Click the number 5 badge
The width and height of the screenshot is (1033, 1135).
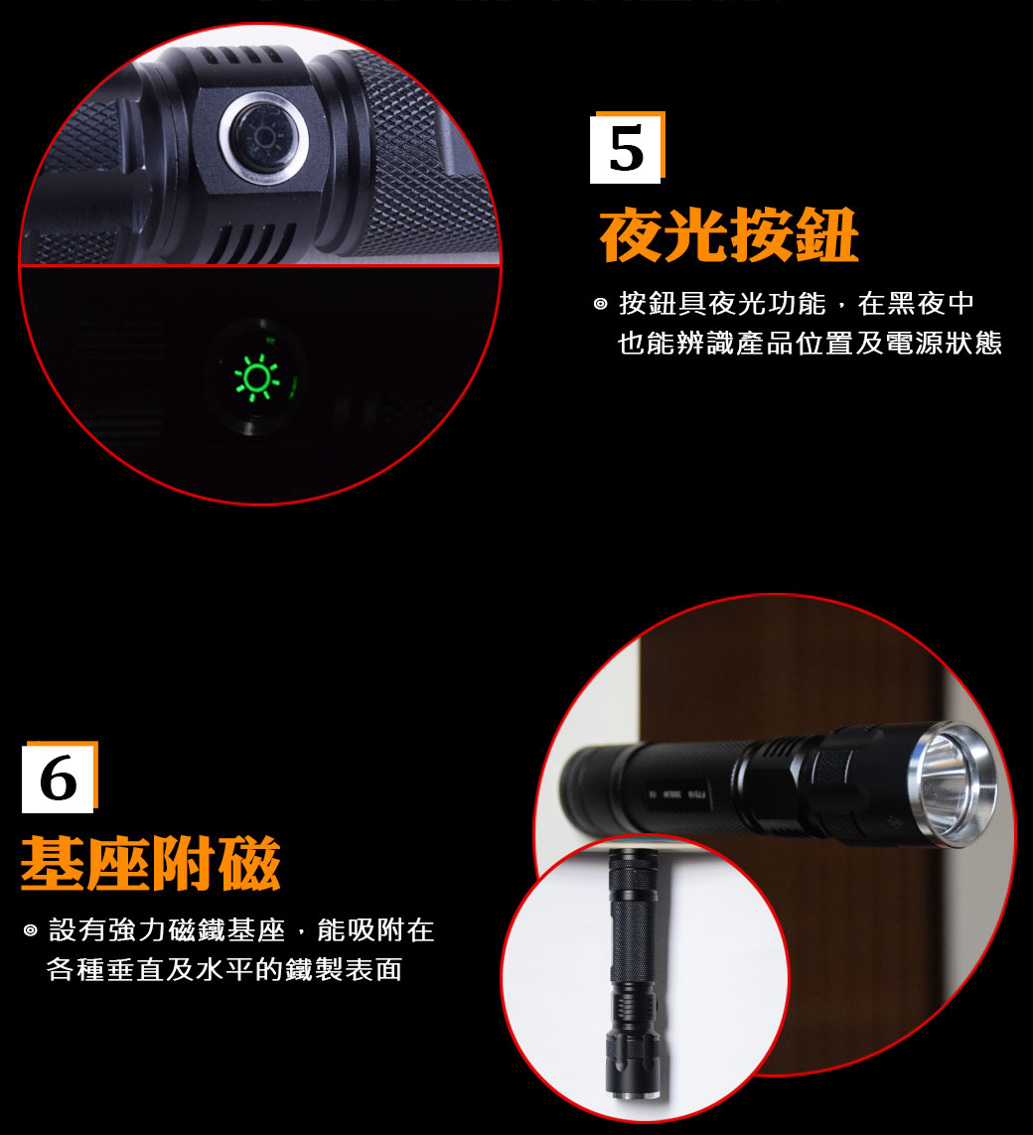(x=627, y=148)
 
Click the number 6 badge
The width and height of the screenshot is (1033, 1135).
(x=60, y=778)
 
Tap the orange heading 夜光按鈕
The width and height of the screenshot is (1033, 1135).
(x=729, y=235)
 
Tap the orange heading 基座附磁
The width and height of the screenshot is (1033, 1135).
(x=151, y=863)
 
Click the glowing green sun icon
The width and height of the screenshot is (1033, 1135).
(x=256, y=378)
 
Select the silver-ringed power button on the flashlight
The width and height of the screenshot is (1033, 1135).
(x=263, y=138)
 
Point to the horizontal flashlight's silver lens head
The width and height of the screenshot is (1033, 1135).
(x=953, y=782)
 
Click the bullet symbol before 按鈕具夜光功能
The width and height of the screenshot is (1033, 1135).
(x=600, y=304)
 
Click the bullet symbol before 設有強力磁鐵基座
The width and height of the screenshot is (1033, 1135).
(x=31, y=930)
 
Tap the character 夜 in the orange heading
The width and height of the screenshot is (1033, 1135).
(x=632, y=235)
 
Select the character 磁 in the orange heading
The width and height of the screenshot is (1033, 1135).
(x=249, y=863)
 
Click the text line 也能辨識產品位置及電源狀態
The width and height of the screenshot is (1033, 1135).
(x=811, y=344)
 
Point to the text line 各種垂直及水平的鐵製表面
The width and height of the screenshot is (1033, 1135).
(x=224, y=969)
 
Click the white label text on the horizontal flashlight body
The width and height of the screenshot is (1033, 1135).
(x=678, y=794)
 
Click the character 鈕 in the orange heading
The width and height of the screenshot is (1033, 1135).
(x=827, y=235)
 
